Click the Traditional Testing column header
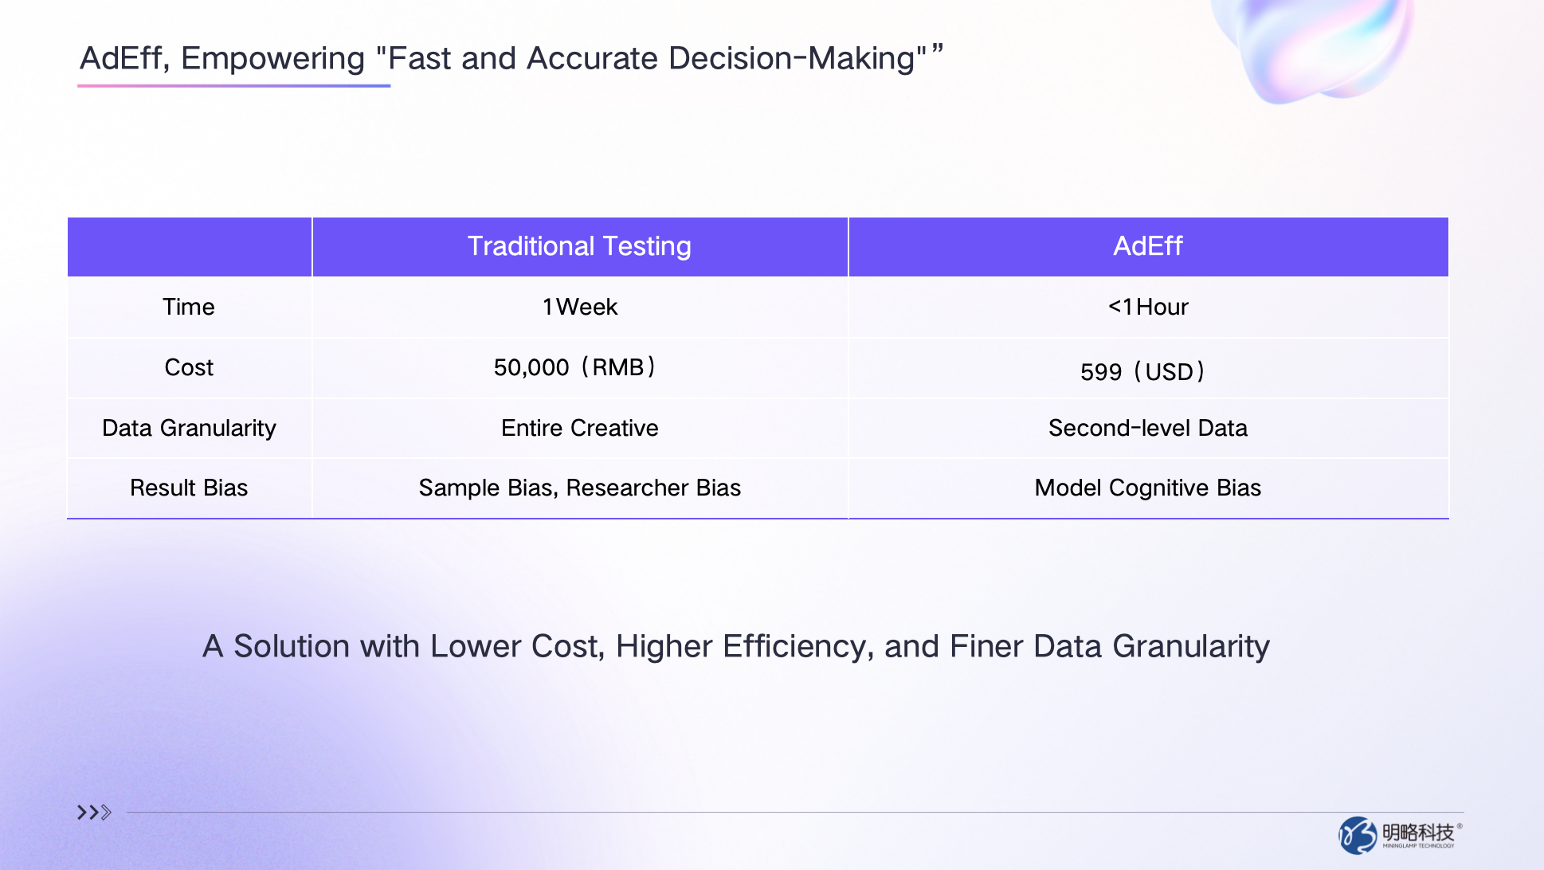pyautogui.click(x=579, y=246)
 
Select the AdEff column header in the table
pyautogui.click(x=1147, y=246)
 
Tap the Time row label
pyautogui.click(x=189, y=307)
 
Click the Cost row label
pyautogui.click(x=189, y=367)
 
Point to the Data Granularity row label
pyautogui.click(x=189, y=428)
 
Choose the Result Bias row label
pyautogui.click(x=189, y=488)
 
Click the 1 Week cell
pyautogui.click(x=580, y=307)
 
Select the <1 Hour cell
pyautogui.click(x=1148, y=307)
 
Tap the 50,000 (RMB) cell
pyautogui.click(x=574, y=367)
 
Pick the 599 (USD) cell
pyautogui.click(x=1142, y=371)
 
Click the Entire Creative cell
pyautogui.click(x=580, y=428)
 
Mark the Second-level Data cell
pyautogui.click(x=1148, y=428)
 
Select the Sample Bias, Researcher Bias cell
pyautogui.click(x=580, y=488)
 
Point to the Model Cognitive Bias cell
pyautogui.click(x=1148, y=488)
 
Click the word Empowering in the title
pyautogui.click(x=272, y=59)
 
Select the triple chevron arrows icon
pyautogui.click(x=94, y=813)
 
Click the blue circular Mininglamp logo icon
pyautogui.click(x=1358, y=835)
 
